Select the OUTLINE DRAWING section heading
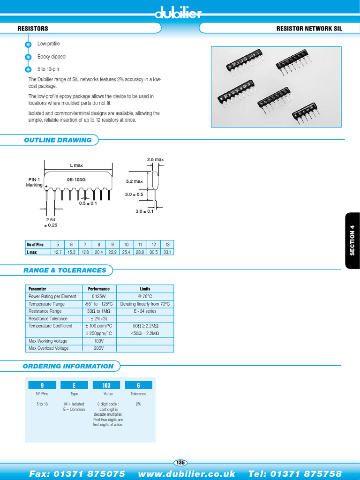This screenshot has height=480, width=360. pos(58,140)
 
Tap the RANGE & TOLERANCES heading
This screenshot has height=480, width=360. pos(65,270)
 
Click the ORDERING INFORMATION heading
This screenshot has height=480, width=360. pos(68,366)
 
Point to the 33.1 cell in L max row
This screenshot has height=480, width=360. pos(167,252)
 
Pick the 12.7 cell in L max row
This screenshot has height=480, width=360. pos(58,252)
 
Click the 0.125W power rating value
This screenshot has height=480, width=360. pos(99,296)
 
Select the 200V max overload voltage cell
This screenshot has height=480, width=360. pos(99,348)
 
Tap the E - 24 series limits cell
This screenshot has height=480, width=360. pos(145,311)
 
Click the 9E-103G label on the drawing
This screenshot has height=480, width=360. pos(76,180)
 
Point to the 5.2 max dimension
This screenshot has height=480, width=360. pos(134,181)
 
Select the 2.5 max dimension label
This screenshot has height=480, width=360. pos(155,160)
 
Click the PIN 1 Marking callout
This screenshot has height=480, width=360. pos(34,182)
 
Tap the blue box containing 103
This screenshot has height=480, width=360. pos(106,385)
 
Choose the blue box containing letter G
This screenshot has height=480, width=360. pos(138,385)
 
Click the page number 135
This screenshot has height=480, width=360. pos(180,463)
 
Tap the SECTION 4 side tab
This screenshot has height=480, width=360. pos(352,241)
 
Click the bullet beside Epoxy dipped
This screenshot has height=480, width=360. pos(28,57)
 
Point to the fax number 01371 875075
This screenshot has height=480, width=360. pos(77,473)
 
